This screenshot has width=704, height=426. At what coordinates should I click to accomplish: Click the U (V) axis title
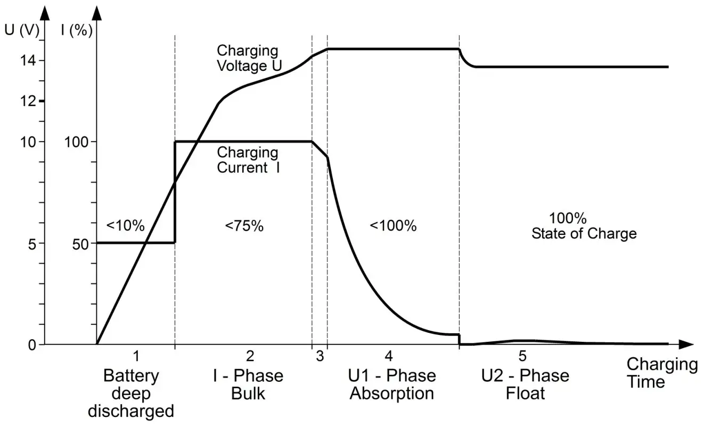click(21, 30)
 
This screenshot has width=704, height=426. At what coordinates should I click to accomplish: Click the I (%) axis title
click(77, 30)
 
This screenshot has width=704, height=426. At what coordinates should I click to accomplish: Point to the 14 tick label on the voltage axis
click(28, 61)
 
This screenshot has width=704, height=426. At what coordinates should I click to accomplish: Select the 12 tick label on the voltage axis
click(28, 101)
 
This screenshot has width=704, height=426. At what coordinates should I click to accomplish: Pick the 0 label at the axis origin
click(32, 345)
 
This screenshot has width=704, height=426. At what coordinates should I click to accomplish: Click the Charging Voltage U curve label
click(248, 59)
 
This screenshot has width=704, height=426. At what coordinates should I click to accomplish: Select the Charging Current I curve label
click(248, 160)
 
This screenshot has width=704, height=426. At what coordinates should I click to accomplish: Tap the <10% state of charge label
click(126, 225)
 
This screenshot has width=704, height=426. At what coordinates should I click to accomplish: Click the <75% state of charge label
click(244, 226)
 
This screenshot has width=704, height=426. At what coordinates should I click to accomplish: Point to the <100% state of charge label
click(393, 226)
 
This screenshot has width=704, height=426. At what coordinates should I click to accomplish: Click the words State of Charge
click(584, 233)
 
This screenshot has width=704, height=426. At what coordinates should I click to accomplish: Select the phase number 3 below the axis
click(320, 357)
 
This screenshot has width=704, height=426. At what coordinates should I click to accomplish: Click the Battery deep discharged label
click(131, 394)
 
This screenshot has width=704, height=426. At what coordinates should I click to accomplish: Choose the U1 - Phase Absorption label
click(392, 385)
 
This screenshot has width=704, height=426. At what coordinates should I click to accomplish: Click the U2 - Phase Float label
click(525, 385)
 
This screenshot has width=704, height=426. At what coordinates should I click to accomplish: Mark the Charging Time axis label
click(661, 373)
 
